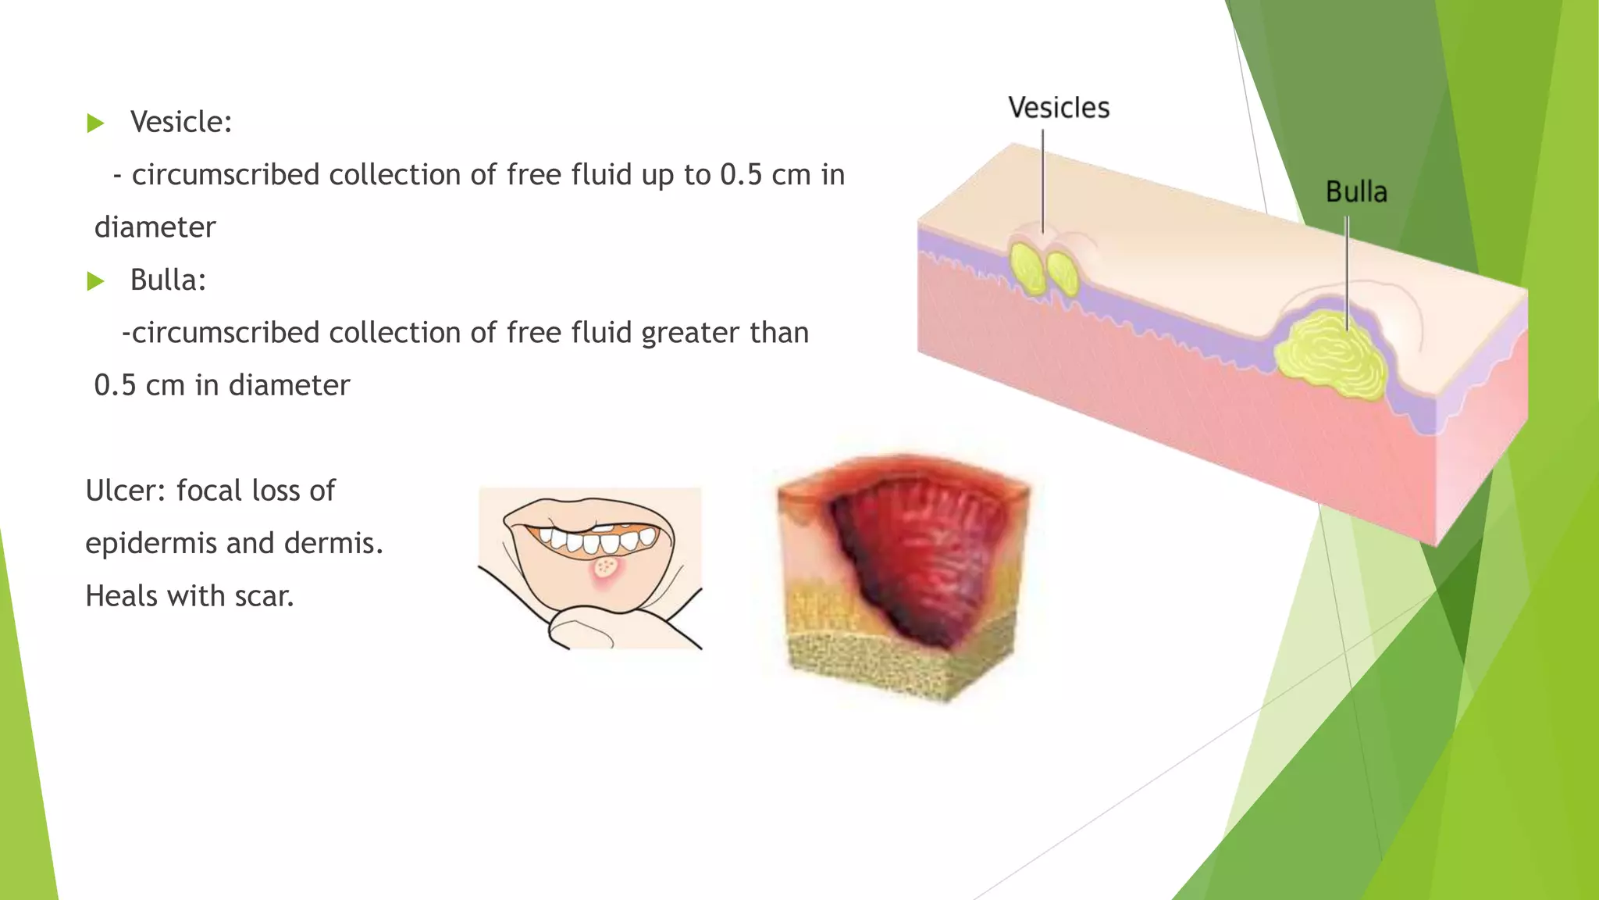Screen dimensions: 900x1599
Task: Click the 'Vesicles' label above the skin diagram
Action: click(x=1058, y=108)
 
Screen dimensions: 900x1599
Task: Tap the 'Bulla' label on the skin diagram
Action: click(x=1356, y=192)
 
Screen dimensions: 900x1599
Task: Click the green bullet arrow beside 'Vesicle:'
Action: click(x=95, y=123)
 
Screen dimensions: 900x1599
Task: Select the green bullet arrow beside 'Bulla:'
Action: click(x=95, y=280)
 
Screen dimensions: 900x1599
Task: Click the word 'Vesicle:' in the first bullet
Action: click(x=181, y=122)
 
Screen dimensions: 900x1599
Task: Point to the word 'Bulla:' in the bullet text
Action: click(x=168, y=280)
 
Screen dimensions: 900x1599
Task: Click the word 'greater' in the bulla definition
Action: click(x=690, y=334)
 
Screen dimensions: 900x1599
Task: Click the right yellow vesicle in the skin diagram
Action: click(x=1063, y=271)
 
